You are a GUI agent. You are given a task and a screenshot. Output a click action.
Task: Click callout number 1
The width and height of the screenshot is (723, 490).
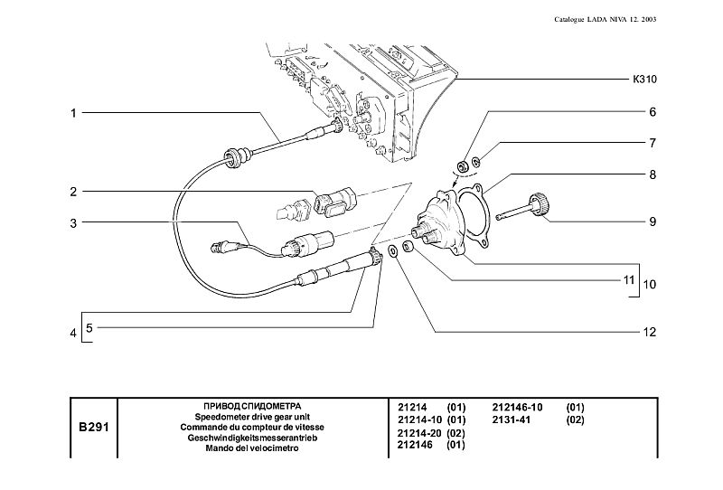[71, 113]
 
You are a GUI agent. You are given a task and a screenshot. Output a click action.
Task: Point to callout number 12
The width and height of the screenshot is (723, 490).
[648, 332]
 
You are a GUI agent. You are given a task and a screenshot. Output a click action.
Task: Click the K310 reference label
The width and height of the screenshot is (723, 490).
[643, 80]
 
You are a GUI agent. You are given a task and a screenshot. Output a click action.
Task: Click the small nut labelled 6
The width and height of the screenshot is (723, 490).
[461, 166]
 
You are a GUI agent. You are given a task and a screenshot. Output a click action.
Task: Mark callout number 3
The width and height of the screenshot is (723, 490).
[71, 221]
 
